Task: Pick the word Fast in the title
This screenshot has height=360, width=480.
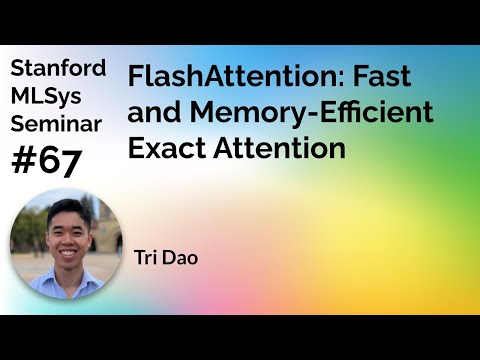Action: pyautogui.click(x=381, y=77)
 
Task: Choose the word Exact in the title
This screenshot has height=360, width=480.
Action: pyautogui.click(x=164, y=148)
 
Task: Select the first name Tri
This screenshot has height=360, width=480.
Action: pyautogui.click(x=146, y=257)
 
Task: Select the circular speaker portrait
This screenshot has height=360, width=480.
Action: pyautogui.click(x=65, y=245)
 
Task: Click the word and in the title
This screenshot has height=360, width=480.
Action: pyautogui.click(x=153, y=113)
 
